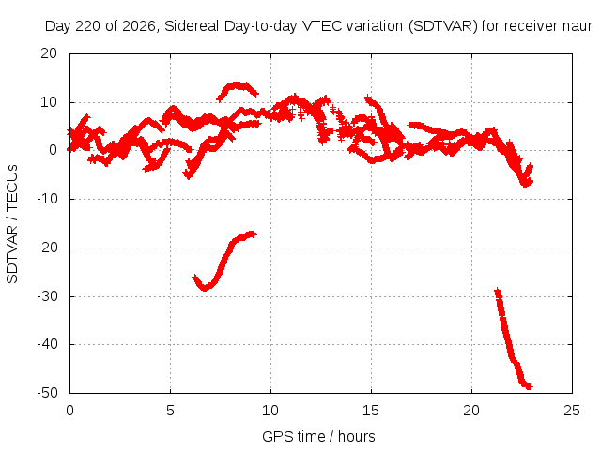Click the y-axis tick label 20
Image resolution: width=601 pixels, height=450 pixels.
click(x=49, y=53)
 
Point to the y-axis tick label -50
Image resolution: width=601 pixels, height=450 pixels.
click(x=47, y=393)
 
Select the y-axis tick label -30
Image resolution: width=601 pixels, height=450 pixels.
click(x=47, y=296)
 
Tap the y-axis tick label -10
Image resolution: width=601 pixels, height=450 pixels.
click(x=47, y=199)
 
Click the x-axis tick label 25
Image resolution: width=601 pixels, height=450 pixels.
click(x=572, y=411)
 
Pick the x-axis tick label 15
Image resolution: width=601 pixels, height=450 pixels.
click(x=371, y=411)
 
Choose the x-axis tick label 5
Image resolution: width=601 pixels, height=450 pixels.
click(x=170, y=411)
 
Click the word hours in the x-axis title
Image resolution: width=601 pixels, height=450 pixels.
click(x=357, y=436)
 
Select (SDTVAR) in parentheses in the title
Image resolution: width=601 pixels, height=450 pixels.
click(x=442, y=26)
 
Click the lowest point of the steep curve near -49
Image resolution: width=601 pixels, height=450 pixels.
click(x=528, y=386)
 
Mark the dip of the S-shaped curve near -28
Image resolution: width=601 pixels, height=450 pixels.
click(x=205, y=288)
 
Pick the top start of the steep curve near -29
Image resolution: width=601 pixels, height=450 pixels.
click(x=498, y=292)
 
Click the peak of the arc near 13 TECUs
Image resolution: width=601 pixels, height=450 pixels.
click(x=236, y=84)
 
